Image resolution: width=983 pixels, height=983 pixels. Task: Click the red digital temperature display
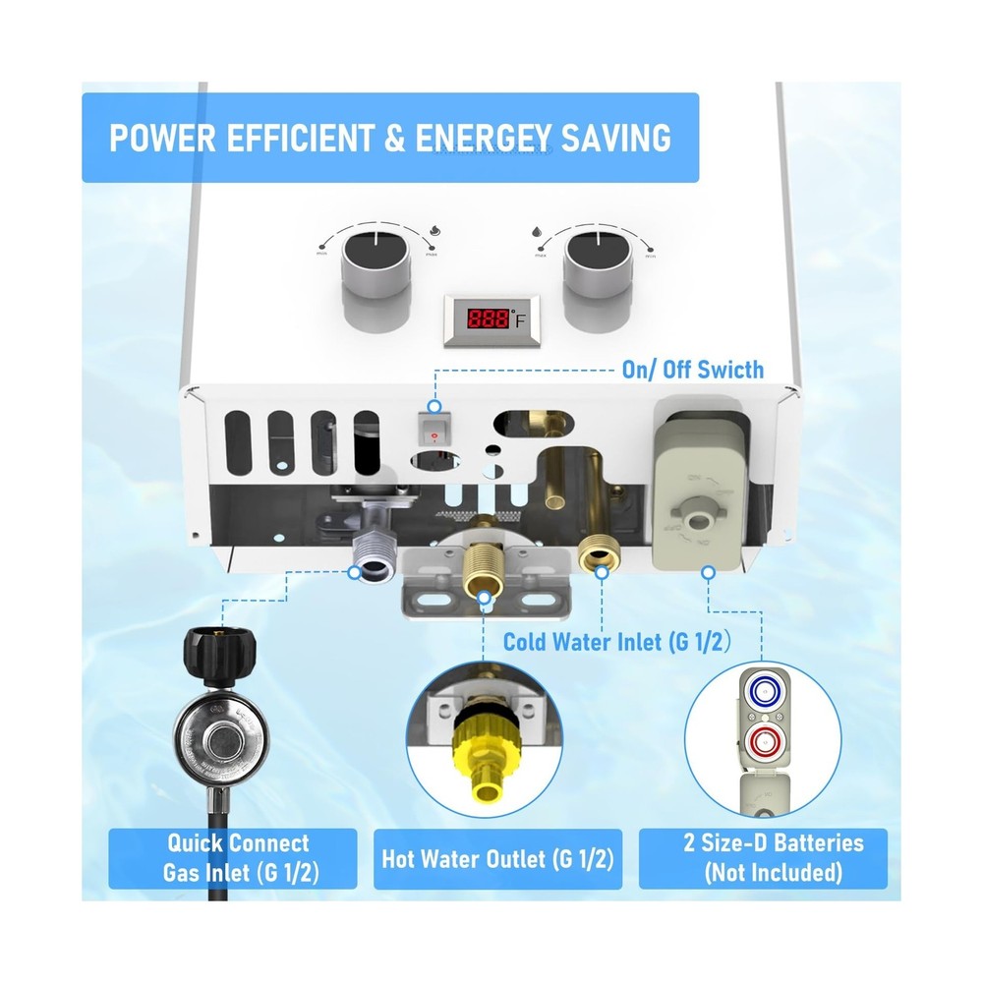coord(491,318)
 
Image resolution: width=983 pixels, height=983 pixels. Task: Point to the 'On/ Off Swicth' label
coord(692,370)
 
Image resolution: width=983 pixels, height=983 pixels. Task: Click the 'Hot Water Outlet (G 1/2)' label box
coord(497,858)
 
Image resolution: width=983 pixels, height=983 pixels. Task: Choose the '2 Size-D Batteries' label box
coord(763,857)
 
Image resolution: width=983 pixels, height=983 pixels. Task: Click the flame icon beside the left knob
coord(434,231)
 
